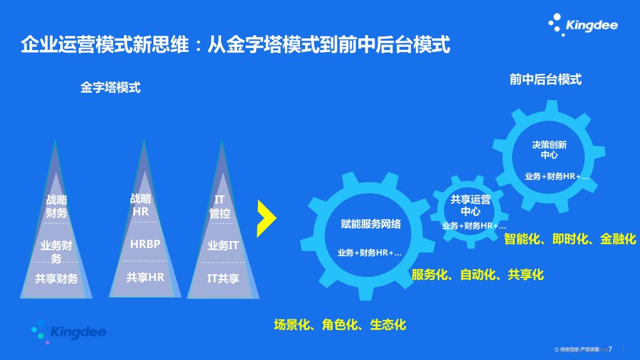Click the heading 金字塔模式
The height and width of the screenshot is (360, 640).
pos(110,88)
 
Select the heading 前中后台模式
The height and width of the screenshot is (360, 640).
pos(545,79)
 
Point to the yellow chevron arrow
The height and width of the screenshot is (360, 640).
pos(267,216)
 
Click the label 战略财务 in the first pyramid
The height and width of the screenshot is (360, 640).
pos(56,207)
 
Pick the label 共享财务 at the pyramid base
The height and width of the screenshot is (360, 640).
pos(56,279)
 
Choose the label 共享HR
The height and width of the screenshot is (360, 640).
pos(145,277)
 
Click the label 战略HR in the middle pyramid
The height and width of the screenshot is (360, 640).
pos(140,205)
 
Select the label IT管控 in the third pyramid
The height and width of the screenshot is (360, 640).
pos(220,207)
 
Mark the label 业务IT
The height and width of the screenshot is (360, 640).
pos(223,245)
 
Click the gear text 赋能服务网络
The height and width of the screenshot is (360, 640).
pos(371,224)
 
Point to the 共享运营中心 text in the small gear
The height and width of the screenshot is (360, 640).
pos(470,205)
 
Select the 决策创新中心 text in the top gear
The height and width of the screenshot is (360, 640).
pos(549,150)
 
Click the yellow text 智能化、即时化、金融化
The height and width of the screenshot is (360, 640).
pos(570,239)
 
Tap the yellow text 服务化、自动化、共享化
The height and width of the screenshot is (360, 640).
pos(477,274)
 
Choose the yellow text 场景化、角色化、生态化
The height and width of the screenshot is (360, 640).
pos(340,324)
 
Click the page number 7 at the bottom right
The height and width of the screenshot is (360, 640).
pos(610,348)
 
